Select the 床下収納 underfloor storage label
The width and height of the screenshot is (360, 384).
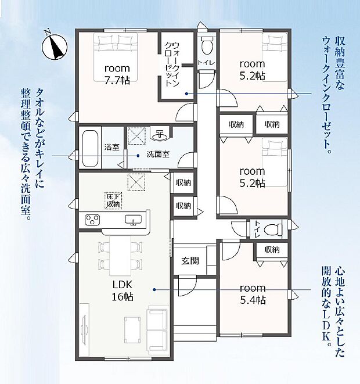pos(113,200)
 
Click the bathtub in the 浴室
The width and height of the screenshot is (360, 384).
pos(90,148)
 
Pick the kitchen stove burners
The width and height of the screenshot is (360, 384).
pos(93,220)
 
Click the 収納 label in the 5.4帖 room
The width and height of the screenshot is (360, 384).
pos(271,249)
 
